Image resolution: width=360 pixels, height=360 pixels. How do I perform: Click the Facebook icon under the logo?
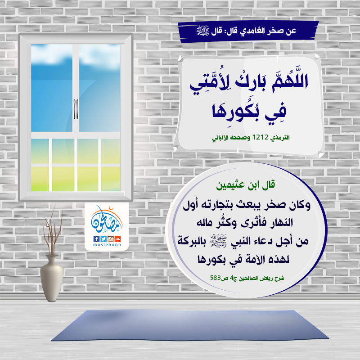tap(96, 239)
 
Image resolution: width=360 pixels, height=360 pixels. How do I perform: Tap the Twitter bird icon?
tap(103, 239)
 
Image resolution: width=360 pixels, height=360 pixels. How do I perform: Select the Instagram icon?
tap(111, 239)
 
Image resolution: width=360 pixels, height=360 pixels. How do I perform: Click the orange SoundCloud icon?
tap(117, 239)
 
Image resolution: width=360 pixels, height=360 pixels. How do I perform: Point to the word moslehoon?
tap(107, 245)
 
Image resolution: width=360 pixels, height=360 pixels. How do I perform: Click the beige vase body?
tap(52, 278)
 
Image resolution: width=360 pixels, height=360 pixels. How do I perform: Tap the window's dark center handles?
tap(76, 109)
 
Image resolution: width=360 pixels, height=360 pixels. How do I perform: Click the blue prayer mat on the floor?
tap(190, 325)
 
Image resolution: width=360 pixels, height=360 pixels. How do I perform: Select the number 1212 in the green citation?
tap(261, 137)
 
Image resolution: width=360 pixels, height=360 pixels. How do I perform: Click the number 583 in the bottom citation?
tap(216, 278)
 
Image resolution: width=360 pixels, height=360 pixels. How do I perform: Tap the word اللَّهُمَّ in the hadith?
tap(290, 81)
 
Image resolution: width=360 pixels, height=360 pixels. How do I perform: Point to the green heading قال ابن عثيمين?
tap(245, 185)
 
